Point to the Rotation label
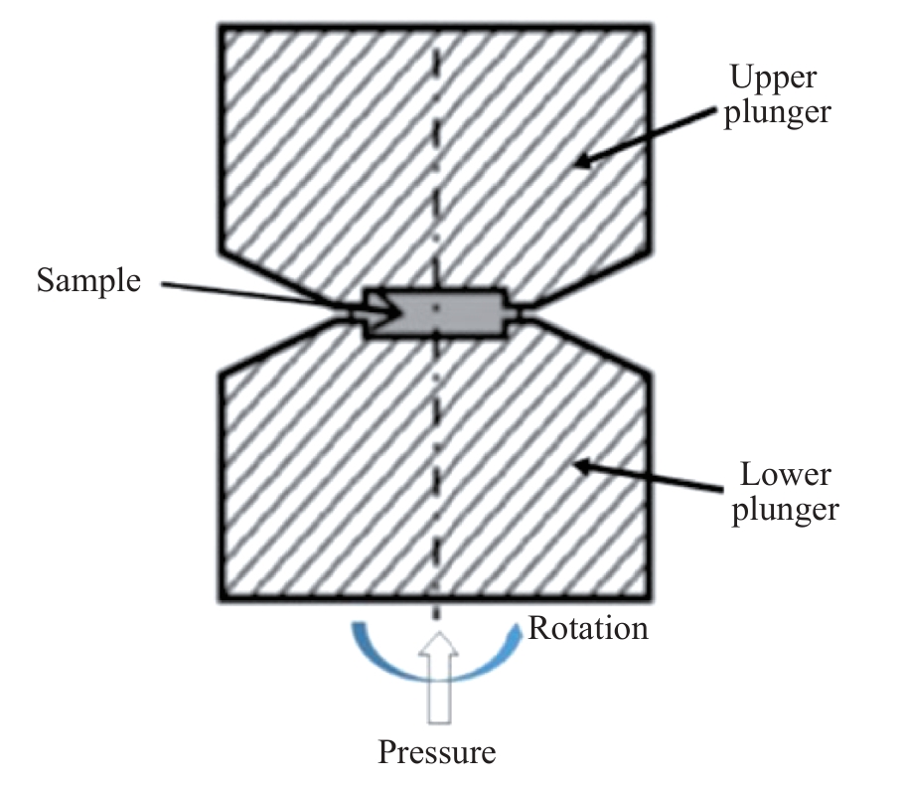[588, 628]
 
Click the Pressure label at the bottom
[436, 752]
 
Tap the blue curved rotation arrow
[436, 670]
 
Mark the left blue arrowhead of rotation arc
[358, 631]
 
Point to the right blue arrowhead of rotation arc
[517, 631]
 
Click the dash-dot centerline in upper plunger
[435, 149]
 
